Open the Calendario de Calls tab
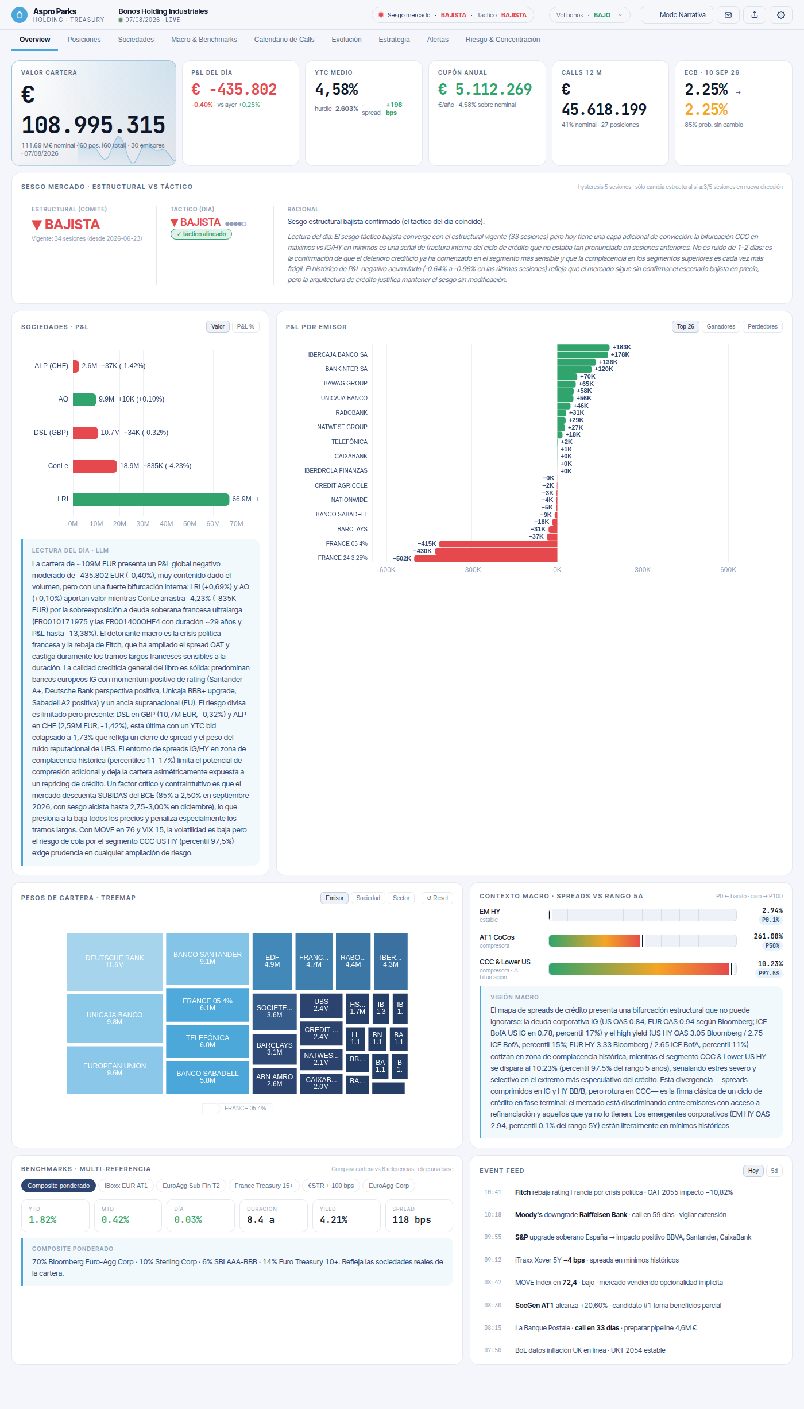[284, 40]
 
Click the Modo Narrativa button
[677, 15]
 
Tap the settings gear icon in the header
[781, 15]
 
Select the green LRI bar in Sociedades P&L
[151, 499]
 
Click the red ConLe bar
[95, 466]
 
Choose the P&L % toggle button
[246, 327]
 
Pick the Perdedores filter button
[763, 327]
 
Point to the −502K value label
[402, 558]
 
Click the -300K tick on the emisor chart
[471, 570]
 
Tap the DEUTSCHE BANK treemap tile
[115, 962]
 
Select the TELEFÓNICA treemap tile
[207, 1041]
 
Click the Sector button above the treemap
[401, 898]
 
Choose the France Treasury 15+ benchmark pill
[264, 1186]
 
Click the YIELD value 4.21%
[334, 1219]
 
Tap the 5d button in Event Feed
[774, 1171]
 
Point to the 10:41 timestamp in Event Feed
[493, 1192]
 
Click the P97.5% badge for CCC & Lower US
[769, 973]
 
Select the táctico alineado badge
[201, 234]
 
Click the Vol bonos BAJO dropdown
[589, 15]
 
